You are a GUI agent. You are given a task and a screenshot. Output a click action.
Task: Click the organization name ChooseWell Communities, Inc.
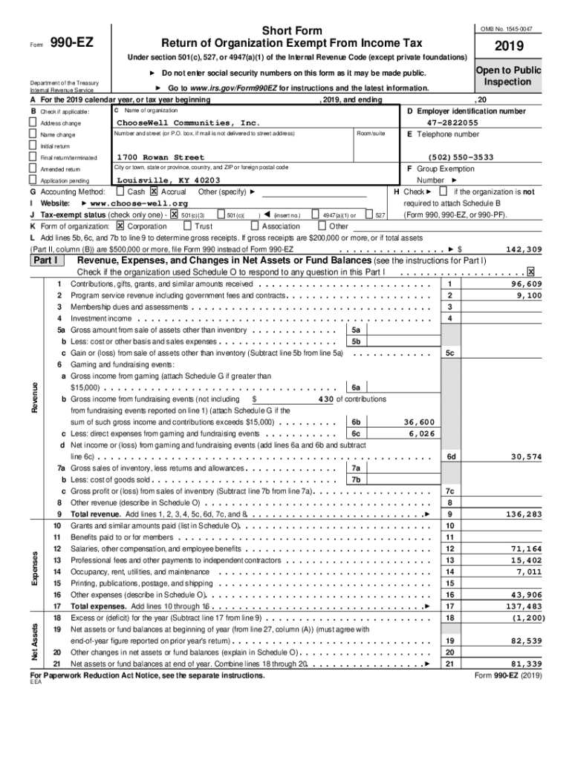tap(189, 122)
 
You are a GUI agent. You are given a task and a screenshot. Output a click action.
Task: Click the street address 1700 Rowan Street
tap(160, 157)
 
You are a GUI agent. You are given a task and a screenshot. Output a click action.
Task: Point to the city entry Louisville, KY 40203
tap(168, 180)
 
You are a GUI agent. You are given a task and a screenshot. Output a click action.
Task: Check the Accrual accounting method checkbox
tap(155, 191)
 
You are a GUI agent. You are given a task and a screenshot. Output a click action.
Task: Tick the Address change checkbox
tap(33, 122)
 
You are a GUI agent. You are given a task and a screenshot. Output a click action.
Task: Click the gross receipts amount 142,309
tap(524, 249)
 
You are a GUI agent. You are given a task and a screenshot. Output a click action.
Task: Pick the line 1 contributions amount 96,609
tap(526, 284)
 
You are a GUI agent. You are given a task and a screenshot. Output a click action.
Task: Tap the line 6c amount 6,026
tap(421, 433)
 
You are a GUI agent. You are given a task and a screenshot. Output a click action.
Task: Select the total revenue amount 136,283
tap(524, 514)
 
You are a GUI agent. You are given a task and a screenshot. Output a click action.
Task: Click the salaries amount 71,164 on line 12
tap(526, 548)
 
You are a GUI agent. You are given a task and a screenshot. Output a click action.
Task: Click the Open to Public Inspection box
tap(507, 76)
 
